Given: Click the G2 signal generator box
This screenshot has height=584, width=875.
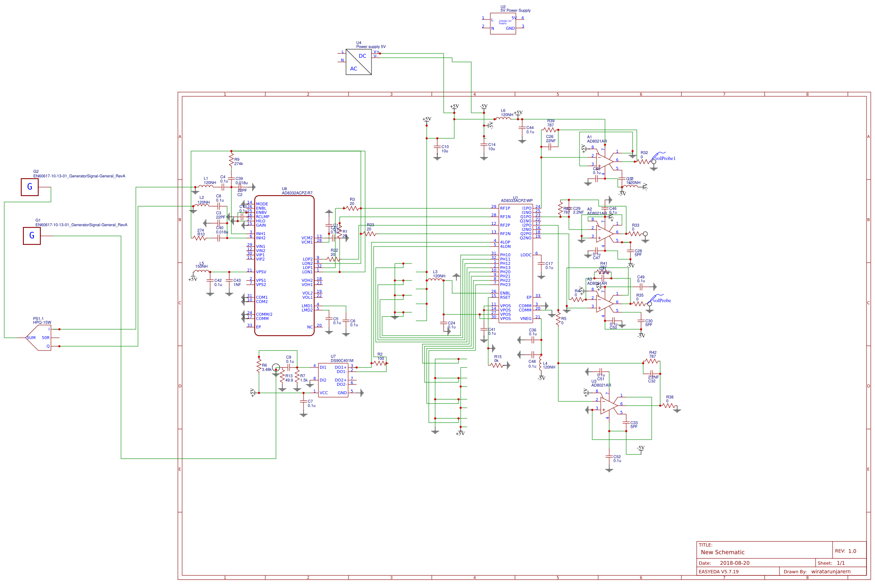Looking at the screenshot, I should click(30, 187).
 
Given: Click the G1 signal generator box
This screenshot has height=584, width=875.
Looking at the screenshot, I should click(32, 236).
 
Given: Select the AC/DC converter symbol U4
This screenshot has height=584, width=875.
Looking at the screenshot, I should click(359, 62).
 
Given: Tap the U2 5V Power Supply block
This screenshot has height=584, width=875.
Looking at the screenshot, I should click(503, 24).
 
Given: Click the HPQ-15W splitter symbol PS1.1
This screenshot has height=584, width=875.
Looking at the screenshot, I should click(39, 338).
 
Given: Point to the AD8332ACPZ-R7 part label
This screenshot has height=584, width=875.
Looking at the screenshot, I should click(297, 193).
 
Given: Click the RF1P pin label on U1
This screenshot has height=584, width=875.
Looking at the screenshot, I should click(505, 208).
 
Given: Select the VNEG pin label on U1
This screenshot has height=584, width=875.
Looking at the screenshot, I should click(526, 319).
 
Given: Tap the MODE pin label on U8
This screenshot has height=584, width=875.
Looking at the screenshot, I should click(262, 204).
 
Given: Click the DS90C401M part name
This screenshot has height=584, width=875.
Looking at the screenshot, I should click(342, 361).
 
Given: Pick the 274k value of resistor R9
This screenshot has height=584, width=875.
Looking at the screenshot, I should click(239, 164).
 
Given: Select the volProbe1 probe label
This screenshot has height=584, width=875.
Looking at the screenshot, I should click(665, 158).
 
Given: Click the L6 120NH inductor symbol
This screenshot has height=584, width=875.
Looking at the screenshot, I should click(503, 119).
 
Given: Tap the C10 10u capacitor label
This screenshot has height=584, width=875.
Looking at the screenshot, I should click(445, 149).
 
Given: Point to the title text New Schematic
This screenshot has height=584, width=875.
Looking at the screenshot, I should click(723, 552).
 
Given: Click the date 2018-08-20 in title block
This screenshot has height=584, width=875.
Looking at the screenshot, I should click(734, 563).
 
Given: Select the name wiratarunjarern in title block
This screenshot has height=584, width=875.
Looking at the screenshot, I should click(830, 572).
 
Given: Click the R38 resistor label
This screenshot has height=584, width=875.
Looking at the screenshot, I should click(670, 397).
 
